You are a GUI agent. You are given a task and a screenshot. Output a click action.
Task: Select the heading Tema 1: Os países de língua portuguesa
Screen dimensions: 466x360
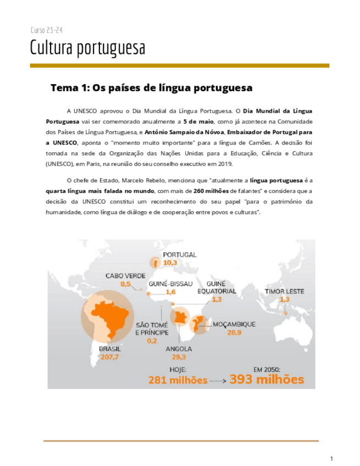[x=151, y=87]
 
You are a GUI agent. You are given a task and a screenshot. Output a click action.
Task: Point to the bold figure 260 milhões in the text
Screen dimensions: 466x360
[x=215, y=190]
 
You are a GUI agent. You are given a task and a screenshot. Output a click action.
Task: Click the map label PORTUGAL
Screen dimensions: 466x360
[x=180, y=255]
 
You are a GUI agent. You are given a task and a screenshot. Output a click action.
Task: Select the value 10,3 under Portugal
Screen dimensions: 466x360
[x=170, y=263]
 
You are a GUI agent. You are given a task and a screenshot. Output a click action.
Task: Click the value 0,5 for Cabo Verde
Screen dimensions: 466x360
[x=126, y=284]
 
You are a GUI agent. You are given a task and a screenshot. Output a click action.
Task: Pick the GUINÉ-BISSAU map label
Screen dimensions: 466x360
[x=170, y=284]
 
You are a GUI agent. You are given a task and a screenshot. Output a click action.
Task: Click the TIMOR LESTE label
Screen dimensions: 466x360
[x=284, y=291]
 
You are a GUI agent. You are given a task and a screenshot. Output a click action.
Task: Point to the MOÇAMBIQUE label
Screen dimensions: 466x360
[x=234, y=324]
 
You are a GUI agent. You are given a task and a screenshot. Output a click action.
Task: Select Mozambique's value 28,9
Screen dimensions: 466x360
[x=235, y=332]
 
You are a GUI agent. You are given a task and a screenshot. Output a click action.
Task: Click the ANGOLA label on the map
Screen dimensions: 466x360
[x=178, y=348]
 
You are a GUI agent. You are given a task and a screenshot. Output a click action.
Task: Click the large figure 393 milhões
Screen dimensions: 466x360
[x=267, y=379]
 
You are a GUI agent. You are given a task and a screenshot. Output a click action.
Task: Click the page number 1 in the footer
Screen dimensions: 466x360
[x=331, y=458]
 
